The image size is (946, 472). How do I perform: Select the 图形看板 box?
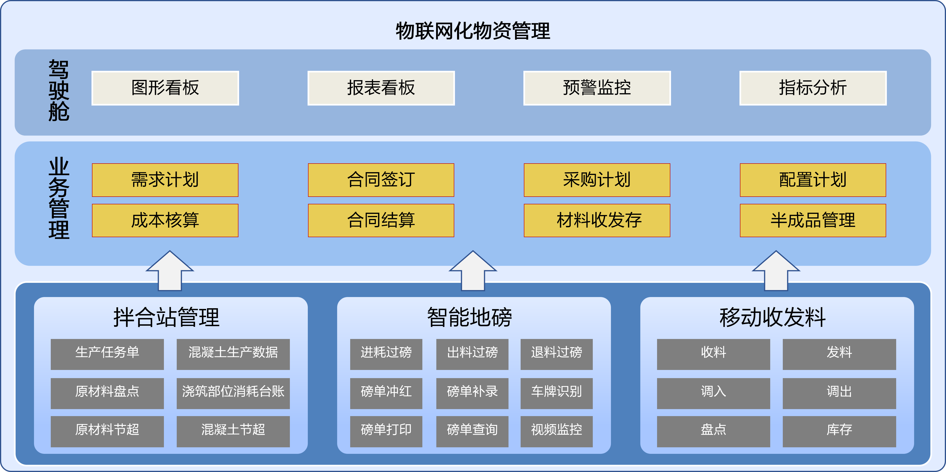[x=165, y=88]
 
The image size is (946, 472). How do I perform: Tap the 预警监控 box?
[x=597, y=88]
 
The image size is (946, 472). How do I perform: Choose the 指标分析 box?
[x=813, y=88]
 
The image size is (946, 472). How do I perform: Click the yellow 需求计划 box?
[x=165, y=180]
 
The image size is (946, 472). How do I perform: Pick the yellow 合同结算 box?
[x=381, y=220]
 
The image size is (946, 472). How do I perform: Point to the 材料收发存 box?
[x=597, y=220]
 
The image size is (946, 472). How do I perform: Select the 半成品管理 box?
[x=813, y=220]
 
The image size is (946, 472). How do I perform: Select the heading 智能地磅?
[x=469, y=317]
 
